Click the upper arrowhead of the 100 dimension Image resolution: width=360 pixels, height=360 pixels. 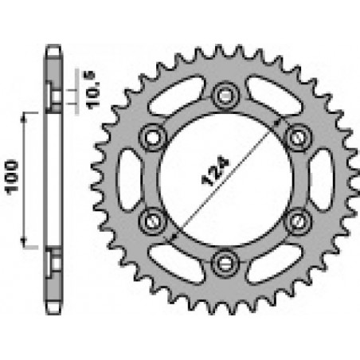coord(26,115)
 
